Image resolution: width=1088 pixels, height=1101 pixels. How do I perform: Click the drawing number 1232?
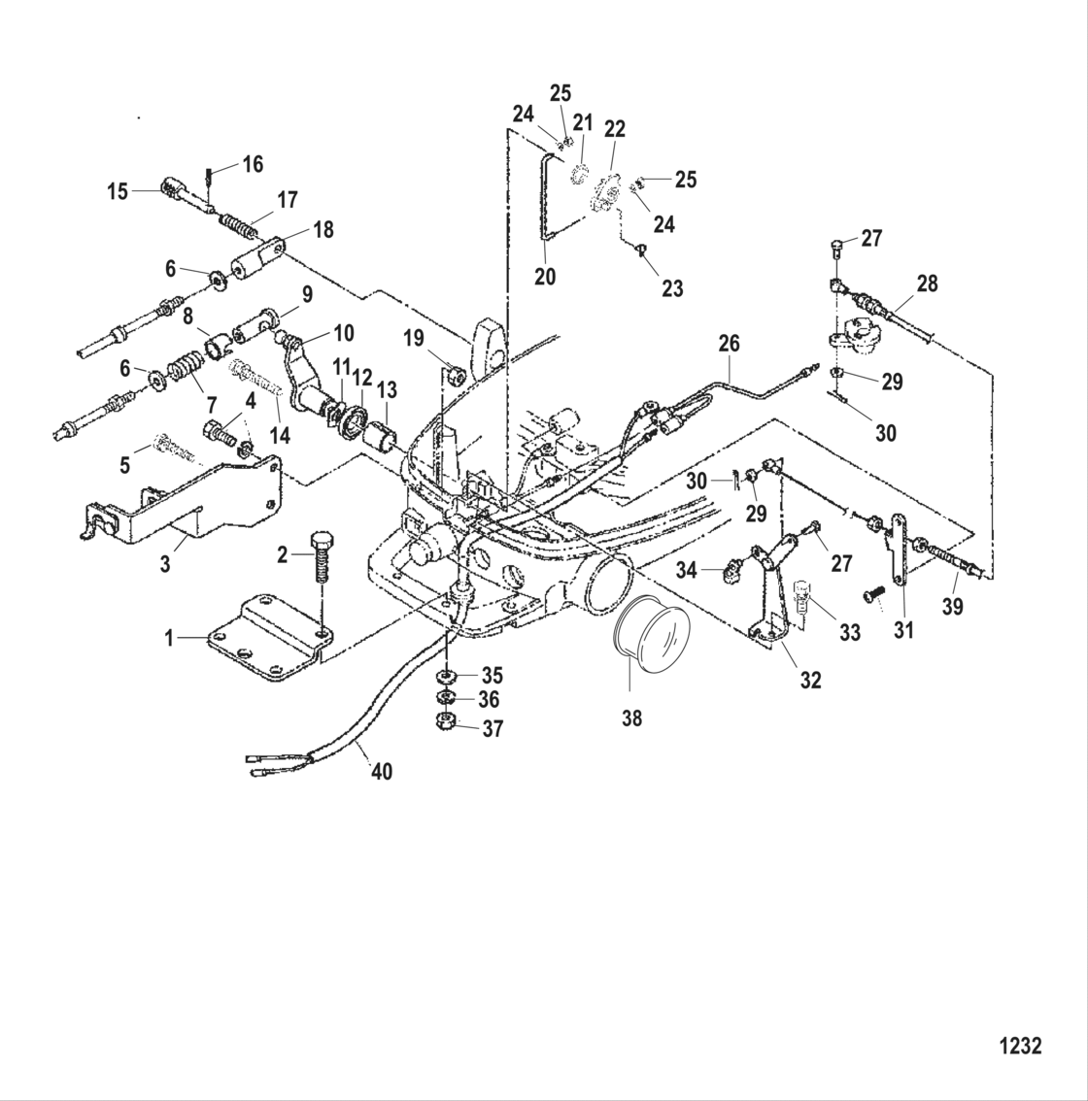point(1020,1046)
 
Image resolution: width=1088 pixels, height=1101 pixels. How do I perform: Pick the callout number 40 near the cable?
point(383,773)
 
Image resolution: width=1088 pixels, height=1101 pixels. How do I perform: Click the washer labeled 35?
point(446,674)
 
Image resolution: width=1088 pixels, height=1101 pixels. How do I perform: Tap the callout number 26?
point(729,343)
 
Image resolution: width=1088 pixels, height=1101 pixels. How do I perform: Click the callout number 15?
point(118,192)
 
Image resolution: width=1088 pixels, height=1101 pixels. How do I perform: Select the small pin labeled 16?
point(209,177)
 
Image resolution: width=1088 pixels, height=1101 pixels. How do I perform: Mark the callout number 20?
point(545,277)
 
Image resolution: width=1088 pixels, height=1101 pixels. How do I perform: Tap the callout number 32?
point(810,681)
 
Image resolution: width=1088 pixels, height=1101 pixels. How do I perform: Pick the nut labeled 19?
point(454,374)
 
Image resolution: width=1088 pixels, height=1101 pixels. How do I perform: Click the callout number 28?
point(928,284)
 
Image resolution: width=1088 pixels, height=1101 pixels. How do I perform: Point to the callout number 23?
point(672,287)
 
